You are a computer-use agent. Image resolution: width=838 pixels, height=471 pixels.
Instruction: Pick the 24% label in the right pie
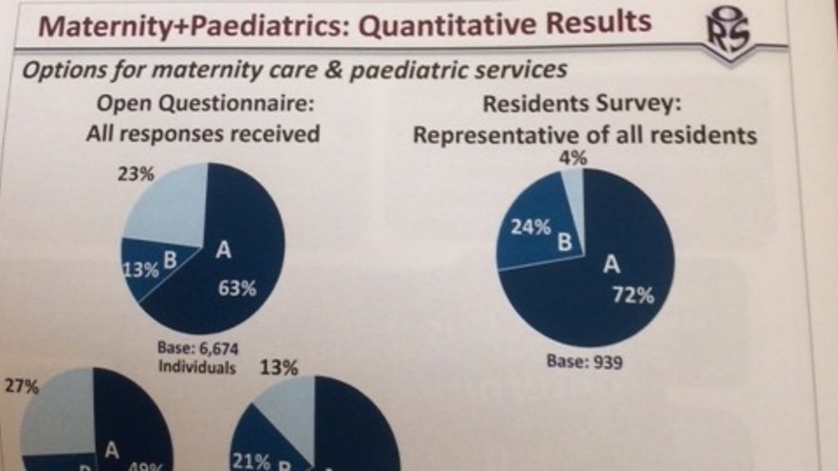click(531, 229)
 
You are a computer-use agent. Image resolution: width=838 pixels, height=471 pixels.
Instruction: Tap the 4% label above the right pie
click(573, 158)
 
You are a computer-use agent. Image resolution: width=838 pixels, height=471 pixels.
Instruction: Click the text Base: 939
click(584, 361)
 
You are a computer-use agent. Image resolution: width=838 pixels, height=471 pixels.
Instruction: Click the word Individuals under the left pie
click(197, 366)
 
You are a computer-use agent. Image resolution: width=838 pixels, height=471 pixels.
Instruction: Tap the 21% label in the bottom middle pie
click(250, 461)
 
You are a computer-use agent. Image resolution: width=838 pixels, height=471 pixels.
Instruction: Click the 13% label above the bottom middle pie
click(278, 368)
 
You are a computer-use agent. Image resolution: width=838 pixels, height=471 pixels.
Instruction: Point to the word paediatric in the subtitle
click(420, 70)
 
